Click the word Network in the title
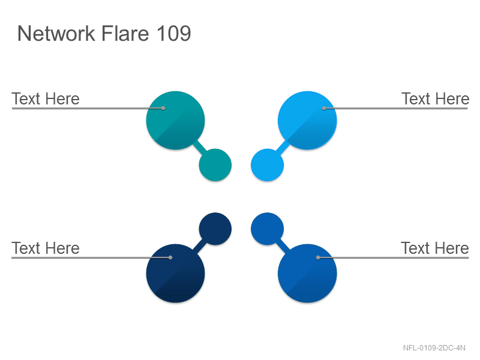coord(56,33)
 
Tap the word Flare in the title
coord(125,33)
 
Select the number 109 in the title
coord(173,33)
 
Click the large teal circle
coord(175,121)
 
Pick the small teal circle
coord(215,165)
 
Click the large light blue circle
coord(307,121)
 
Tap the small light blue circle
coord(267,165)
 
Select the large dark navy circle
coord(175,274)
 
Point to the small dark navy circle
coord(215,229)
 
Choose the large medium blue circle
coord(307,274)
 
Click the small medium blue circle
coord(267,229)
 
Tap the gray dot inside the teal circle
coord(163,108)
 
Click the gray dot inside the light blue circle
coord(324,108)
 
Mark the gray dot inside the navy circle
coord(170,257)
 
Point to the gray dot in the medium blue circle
coord(318,257)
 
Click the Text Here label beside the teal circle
coord(46,98)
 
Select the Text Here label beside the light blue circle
coord(436,98)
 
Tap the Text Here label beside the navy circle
coord(46,248)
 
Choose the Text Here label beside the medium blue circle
coord(435,248)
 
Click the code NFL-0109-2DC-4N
coord(434,348)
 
